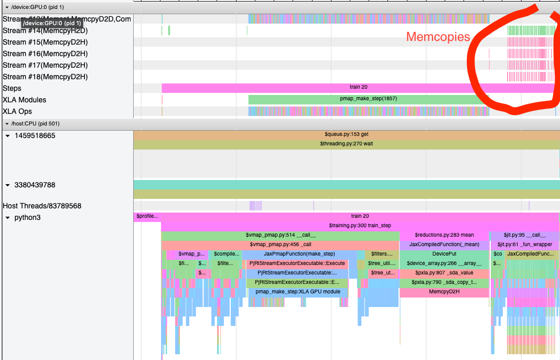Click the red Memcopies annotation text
click(x=438, y=37)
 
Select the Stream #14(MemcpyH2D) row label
click(x=45, y=30)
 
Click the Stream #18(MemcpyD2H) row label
click(x=45, y=77)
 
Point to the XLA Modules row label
click(x=24, y=100)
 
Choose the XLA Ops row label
click(x=17, y=111)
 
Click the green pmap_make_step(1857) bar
click(x=369, y=99)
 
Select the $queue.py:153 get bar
click(x=347, y=134)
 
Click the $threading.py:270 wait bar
click(x=347, y=144)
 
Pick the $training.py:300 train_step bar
click(x=360, y=226)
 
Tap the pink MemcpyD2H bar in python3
click(x=444, y=292)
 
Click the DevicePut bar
click(x=444, y=254)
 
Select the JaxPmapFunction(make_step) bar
click(x=299, y=254)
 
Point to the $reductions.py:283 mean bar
click(x=444, y=235)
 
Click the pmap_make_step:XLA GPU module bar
click(x=298, y=292)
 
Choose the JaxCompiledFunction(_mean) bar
click(x=444, y=245)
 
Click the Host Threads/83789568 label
click(x=42, y=206)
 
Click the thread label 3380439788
click(x=35, y=185)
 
